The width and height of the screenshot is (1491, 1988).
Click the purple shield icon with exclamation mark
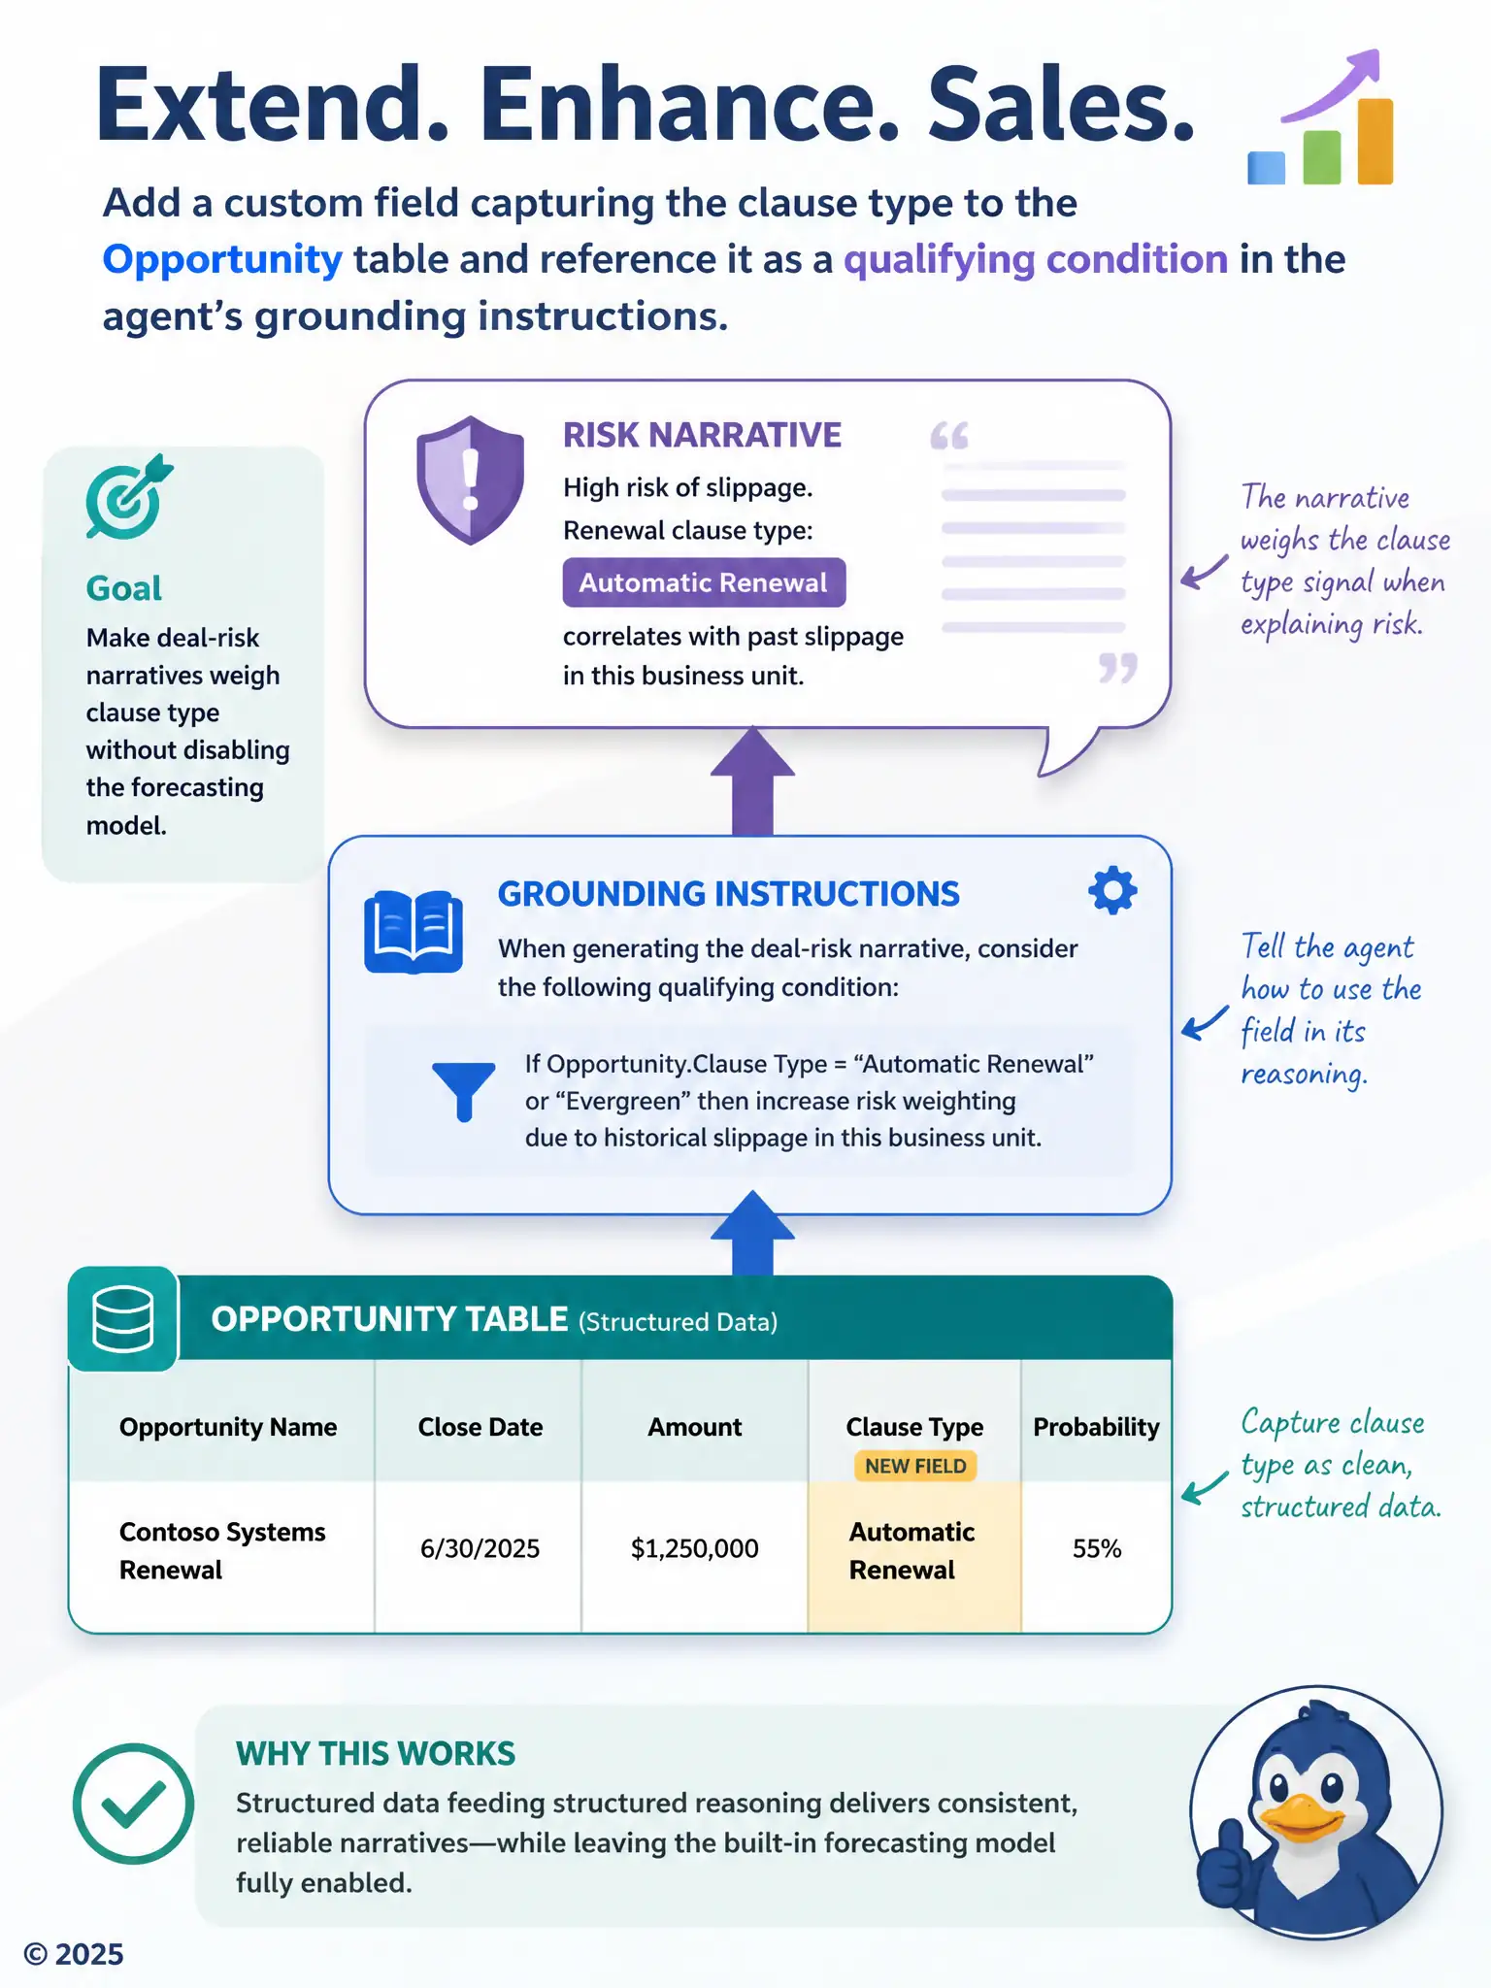470,480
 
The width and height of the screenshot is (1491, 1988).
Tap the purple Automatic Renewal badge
704,582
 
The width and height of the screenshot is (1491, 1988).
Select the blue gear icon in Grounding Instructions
1112,890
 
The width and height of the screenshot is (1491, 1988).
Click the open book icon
414,931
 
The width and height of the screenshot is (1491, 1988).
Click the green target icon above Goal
128,497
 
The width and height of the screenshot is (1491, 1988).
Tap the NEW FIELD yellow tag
915,1466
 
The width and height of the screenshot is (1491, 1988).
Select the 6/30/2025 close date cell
480,1548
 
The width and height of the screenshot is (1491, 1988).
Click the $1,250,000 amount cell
695,1548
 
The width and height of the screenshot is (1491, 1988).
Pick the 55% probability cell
1097,1548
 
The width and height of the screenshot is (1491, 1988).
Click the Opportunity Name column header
228,1427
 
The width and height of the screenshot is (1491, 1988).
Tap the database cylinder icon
122,1319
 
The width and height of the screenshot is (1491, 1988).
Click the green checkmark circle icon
133,1804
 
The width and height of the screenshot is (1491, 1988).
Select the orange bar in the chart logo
1375,142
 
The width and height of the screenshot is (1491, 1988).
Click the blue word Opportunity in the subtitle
222,260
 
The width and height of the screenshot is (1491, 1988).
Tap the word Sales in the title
1061,105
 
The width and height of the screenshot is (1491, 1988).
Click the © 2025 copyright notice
74,1954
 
